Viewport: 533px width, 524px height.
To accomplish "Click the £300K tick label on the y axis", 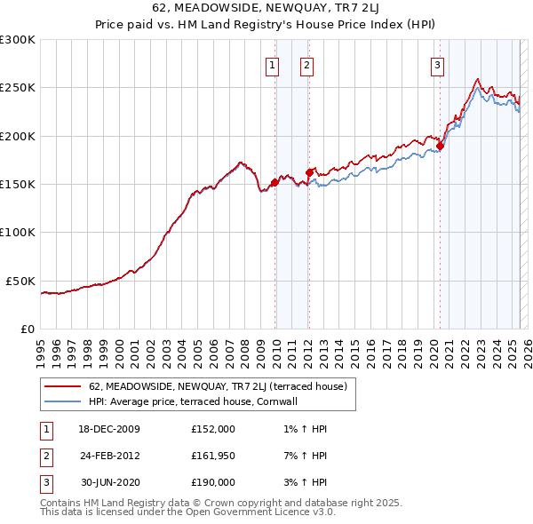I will pos(18,40).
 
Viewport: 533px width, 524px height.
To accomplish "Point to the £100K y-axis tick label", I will pos(18,232).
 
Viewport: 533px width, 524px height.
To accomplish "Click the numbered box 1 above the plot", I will pos(271,64).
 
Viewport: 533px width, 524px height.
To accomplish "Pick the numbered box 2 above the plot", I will pos(306,64).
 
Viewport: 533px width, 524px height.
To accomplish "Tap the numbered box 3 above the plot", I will pos(438,64).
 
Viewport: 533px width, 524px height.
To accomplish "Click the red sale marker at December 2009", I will pos(274,182).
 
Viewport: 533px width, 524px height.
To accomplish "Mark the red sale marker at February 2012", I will pos(309,172).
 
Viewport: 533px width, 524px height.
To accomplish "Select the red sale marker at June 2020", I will pos(441,146).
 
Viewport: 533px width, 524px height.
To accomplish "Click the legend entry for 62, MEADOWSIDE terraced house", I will pos(223,387).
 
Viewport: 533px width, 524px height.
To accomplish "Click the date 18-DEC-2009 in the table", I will pos(109,429).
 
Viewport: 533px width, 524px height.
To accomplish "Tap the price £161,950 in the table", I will pos(213,456).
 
